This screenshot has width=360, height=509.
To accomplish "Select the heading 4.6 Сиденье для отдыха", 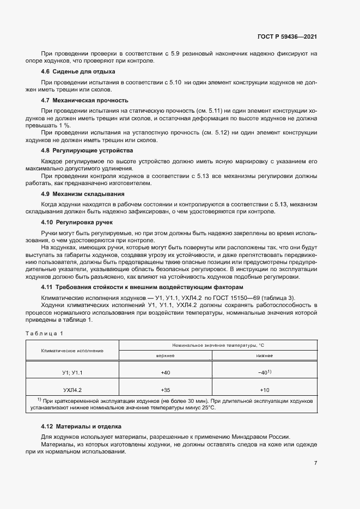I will coord(78,72).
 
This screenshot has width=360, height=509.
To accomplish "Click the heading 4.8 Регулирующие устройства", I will coord(87,150).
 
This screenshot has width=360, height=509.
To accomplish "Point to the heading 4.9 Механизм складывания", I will coord(83,193).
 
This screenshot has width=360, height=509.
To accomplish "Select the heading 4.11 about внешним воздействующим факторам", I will coord(142,286).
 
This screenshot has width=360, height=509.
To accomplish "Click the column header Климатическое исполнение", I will coord(72,350).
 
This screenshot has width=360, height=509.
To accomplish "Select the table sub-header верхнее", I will coord(165,355).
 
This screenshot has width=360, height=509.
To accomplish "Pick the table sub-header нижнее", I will coord(265,355).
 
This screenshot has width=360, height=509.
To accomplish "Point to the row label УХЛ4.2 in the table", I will coord(72,390).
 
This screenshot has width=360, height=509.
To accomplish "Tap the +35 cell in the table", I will coord(165,390).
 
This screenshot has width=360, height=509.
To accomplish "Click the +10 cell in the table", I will coord(265,390).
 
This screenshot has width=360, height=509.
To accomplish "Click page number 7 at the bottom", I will coord(315,463).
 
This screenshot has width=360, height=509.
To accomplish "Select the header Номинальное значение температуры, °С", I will coord(218,345).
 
